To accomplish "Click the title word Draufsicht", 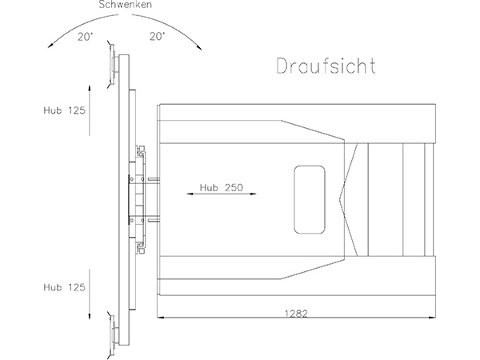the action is point(326,66).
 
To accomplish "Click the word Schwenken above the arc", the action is point(125,5).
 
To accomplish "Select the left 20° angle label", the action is point(85,37).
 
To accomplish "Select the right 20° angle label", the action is point(158,37).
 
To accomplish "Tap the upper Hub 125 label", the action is point(64,110).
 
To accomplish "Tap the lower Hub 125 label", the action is point(64,287).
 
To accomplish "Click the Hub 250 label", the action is point(222,187).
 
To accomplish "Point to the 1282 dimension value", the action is point(296,314).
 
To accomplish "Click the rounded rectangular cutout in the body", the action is point(309,199).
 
